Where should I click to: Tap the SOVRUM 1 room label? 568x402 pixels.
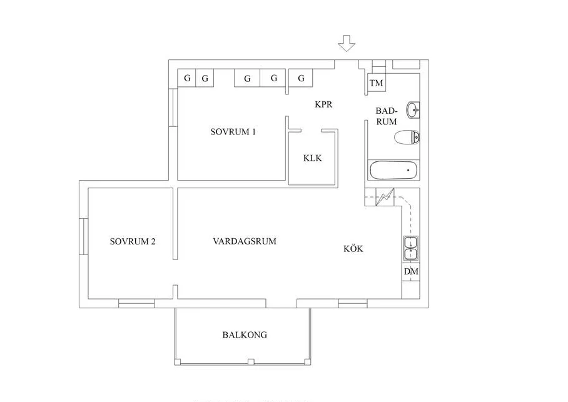tap(233, 131)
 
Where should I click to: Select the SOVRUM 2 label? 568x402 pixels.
tap(133, 241)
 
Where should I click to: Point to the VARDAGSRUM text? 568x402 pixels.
tap(245, 241)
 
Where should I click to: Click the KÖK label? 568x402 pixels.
tap(353, 248)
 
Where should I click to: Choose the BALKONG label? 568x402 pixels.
tap(245, 334)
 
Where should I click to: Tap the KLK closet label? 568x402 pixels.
tap(312, 158)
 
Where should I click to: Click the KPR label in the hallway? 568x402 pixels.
tap(323, 104)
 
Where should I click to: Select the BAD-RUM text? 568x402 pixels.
tap(386, 116)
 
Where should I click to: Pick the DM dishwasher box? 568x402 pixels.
tap(411, 271)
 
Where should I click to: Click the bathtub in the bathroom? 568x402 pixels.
tap(393, 170)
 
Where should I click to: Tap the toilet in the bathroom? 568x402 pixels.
tap(407, 138)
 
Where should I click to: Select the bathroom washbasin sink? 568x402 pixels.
tap(413, 110)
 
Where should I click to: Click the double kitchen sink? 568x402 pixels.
tap(411, 248)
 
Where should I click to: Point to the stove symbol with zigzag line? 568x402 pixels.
tap(385, 197)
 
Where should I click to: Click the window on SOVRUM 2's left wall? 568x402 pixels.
tap(84, 236)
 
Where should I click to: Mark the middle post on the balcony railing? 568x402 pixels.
tap(251, 361)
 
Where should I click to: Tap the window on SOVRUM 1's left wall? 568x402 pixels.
tap(173, 108)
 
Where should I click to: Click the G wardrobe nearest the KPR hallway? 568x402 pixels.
tap(301, 78)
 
